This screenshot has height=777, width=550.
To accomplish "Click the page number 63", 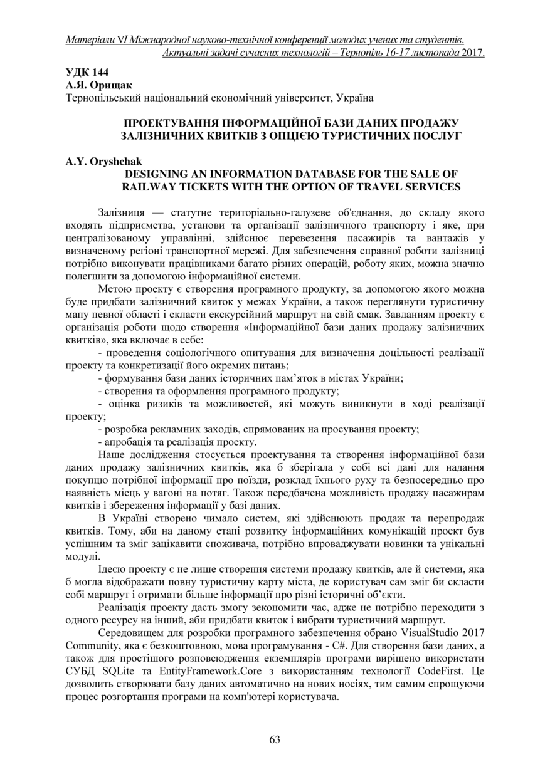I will [x=275, y=739].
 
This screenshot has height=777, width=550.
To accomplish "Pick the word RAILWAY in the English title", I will [x=147, y=186].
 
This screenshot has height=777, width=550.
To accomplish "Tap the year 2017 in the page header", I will [x=473, y=53].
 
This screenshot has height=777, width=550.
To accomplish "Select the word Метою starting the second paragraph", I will [x=115, y=288].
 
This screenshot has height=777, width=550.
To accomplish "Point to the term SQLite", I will [x=110, y=670].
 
